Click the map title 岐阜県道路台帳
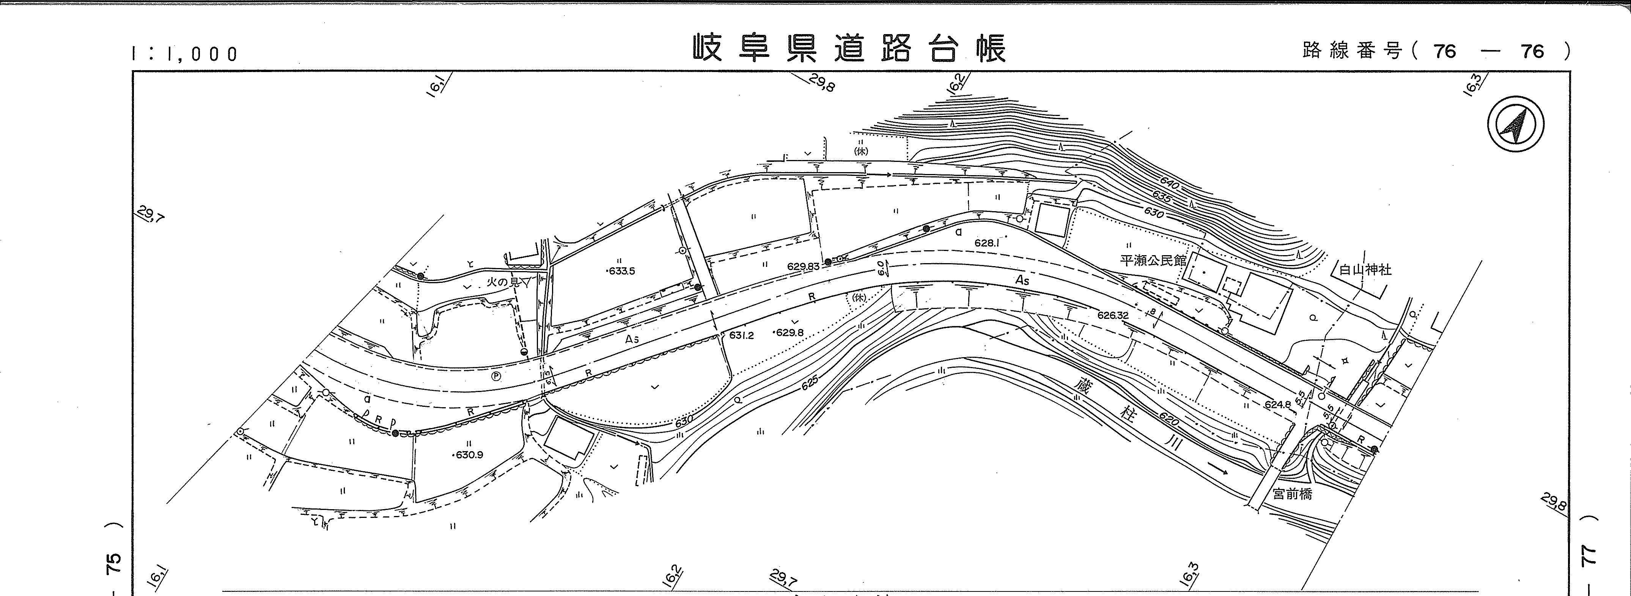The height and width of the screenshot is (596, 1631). [848, 48]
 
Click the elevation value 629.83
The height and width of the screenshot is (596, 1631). [803, 267]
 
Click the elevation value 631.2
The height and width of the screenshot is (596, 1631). [741, 335]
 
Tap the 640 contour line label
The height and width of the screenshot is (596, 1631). [1169, 185]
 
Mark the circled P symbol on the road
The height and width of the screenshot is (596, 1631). [496, 376]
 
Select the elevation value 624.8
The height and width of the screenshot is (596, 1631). [1277, 404]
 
